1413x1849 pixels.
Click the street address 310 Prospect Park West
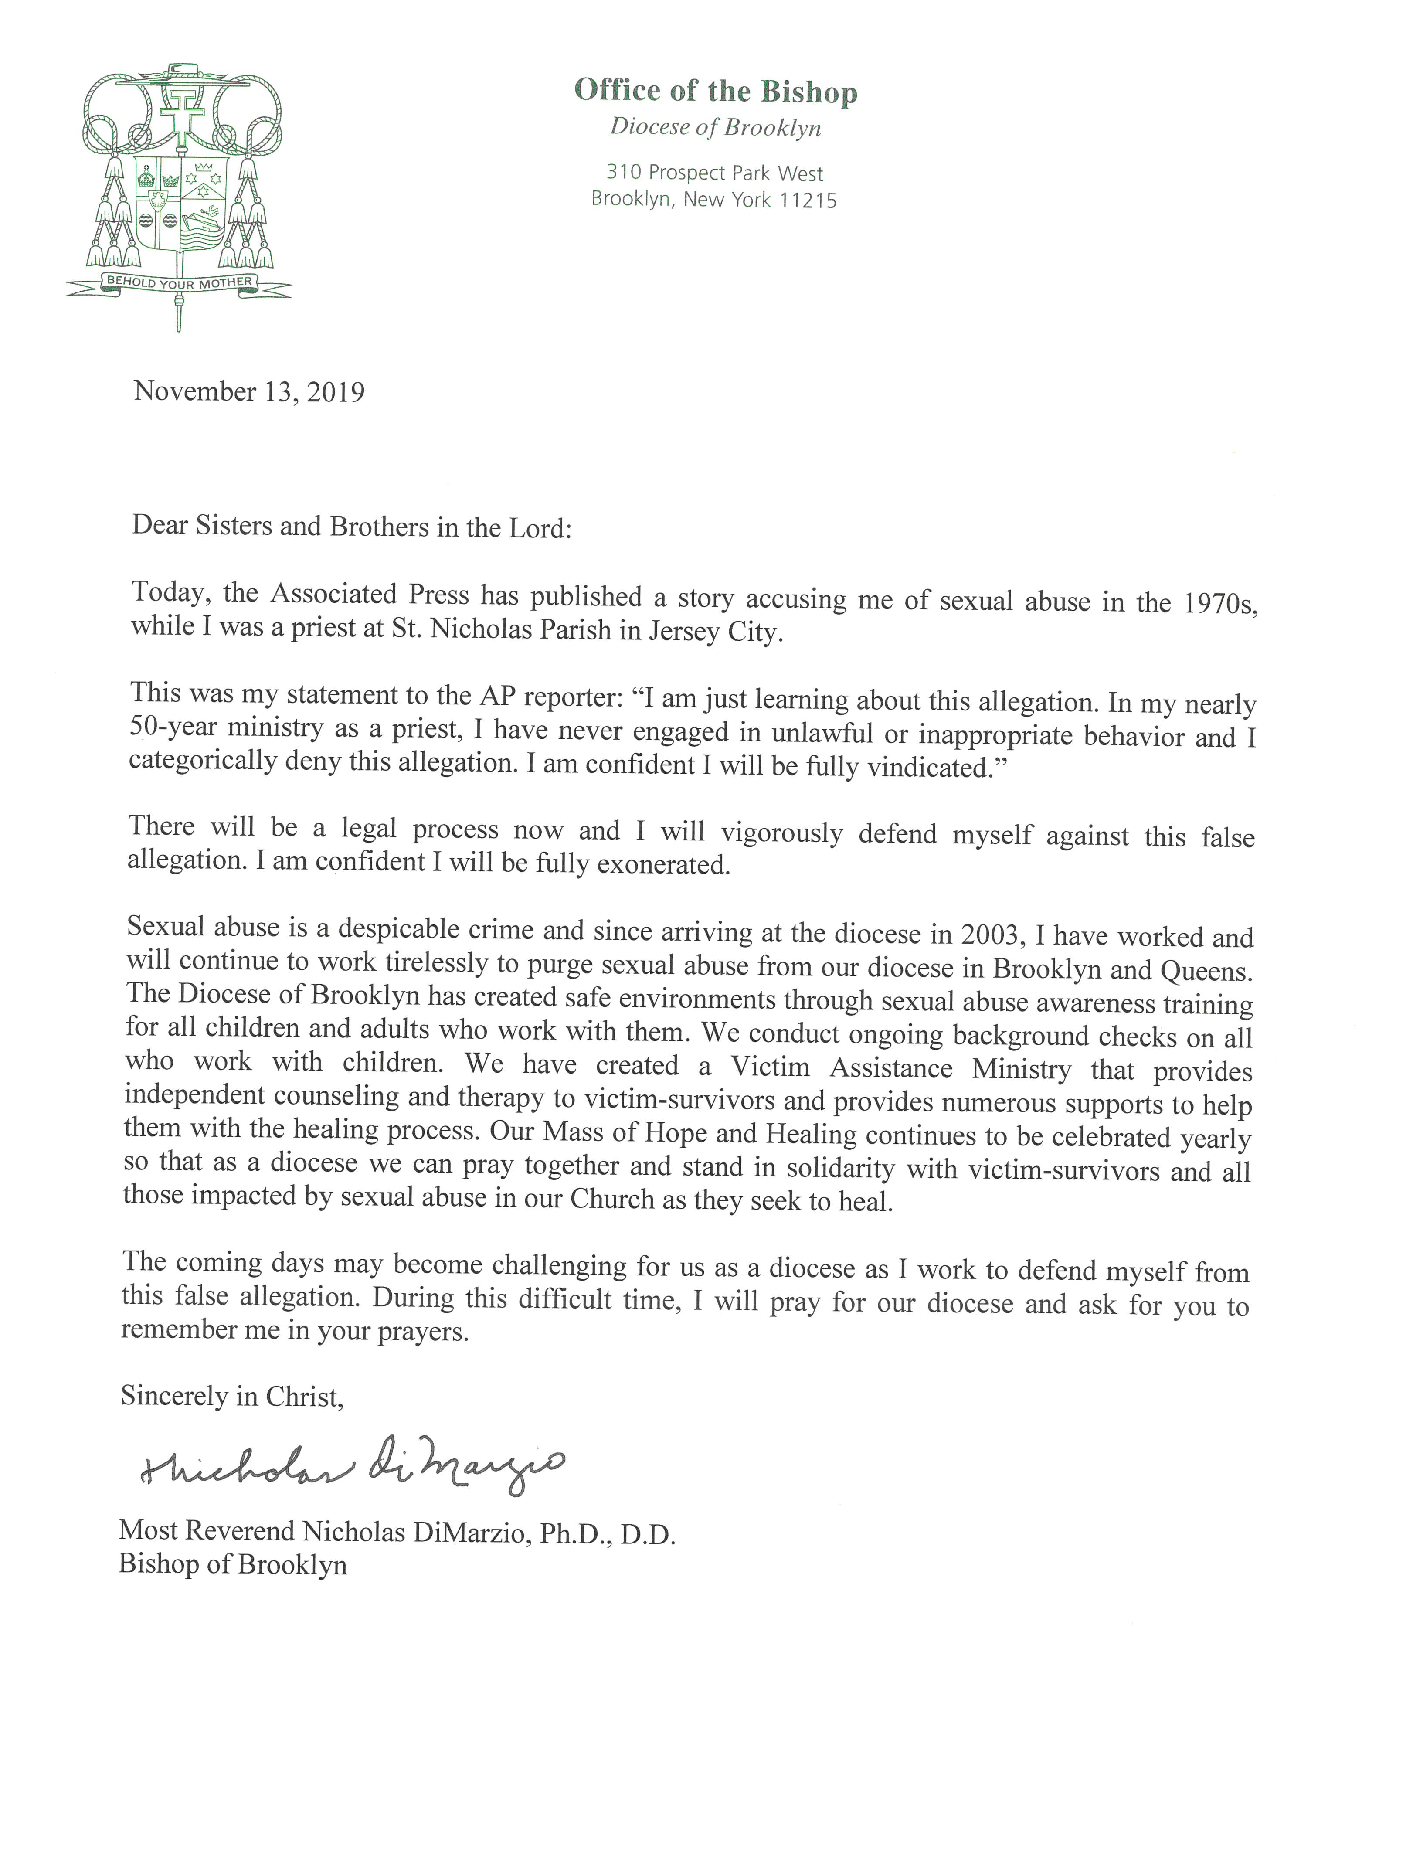[715, 173]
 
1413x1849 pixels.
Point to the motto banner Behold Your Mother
[179, 282]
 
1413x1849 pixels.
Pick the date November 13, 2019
[249, 392]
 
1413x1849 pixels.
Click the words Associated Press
[369, 595]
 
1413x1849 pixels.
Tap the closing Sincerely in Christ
[232, 1397]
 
